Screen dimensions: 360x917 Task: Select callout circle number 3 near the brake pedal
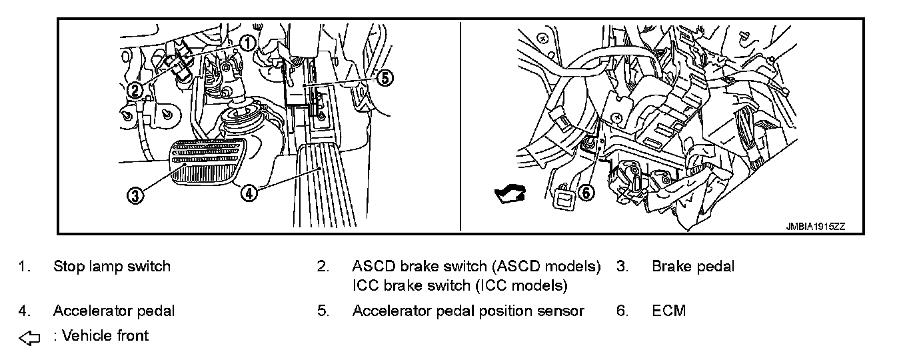(x=135, y=196)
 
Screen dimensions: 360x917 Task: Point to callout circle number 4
(x=248, y=193)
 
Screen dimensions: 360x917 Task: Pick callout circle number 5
(x=385, y=78)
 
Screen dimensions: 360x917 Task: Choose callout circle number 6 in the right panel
(x=584, y=193)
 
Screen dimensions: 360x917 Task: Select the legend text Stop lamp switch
(x=111, y=267)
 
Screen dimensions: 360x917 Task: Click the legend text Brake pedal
(x=692, y=267)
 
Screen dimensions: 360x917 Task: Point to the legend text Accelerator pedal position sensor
(x=468, y=311)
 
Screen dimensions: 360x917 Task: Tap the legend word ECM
(x=668, y=311)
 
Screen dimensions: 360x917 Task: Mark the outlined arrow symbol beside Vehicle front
(x=30, y=338)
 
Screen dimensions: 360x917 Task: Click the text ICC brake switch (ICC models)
(x=459, y=286)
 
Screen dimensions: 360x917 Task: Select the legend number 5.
(x=323, y=311)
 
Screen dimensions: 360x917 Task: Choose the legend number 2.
(x=323, y=267)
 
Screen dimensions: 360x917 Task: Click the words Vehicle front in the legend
(x=105, y=335)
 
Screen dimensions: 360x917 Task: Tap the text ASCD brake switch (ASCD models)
(x=476, y=267)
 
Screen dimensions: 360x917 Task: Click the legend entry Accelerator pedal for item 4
(x=114, y=311)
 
